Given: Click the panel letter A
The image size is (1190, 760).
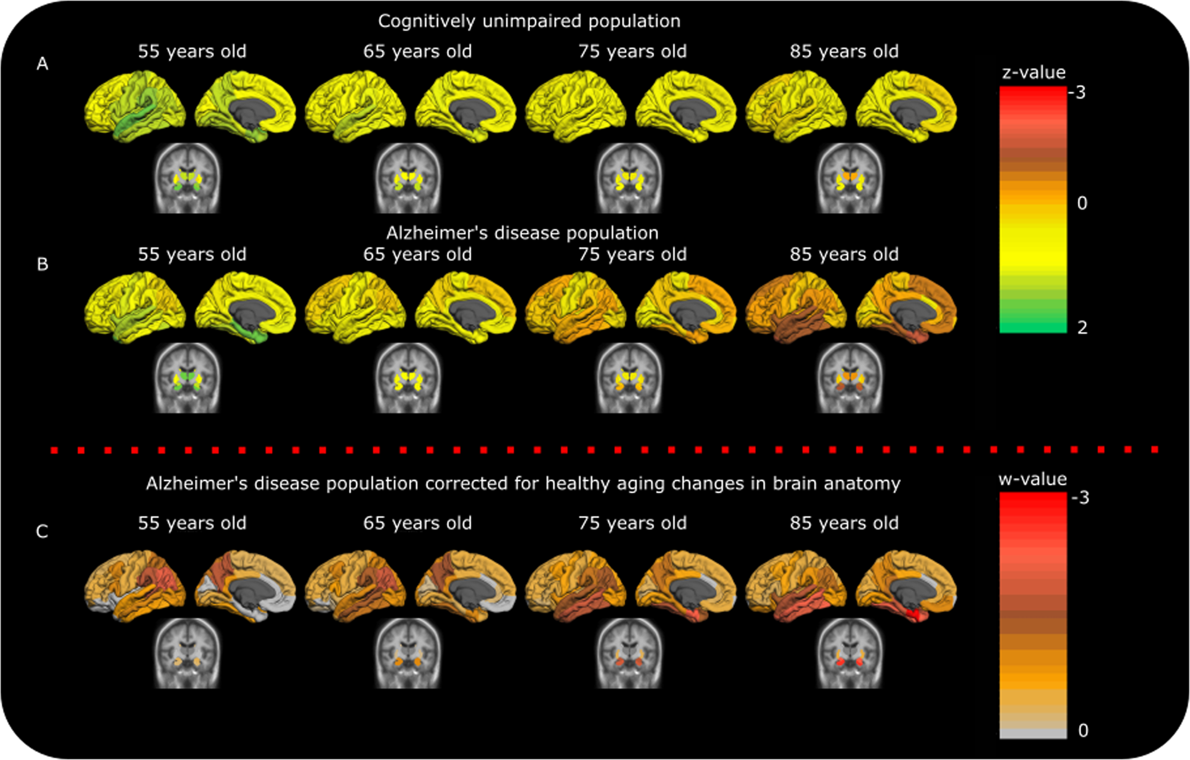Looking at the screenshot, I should pos(42,64).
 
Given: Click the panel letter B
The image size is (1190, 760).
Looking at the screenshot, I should pos(42,264).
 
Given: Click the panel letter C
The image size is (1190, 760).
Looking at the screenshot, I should pos(42,531).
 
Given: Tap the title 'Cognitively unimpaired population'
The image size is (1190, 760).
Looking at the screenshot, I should pos(529,21).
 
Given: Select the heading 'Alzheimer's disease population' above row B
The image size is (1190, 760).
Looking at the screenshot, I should pos(522,233).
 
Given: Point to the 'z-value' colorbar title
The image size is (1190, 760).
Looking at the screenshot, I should pos(1033,73).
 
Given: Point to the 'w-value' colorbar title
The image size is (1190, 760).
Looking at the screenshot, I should pos(1033,479).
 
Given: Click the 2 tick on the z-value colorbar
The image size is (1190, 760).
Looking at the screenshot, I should pos(1082,327).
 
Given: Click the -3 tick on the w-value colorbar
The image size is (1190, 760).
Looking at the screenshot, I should pos(1080,497).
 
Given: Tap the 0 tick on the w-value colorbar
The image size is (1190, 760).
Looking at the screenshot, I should pos(1083,730).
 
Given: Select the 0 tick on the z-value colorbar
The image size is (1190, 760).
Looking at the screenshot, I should pos(1082,203).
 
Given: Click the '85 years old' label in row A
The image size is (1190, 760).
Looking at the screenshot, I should pos(844,52).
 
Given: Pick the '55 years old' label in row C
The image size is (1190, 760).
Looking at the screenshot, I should pos(192,523).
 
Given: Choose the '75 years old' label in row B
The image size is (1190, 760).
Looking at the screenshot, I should pos(633,255).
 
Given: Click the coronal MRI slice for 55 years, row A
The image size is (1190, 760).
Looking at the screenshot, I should pos(187,178).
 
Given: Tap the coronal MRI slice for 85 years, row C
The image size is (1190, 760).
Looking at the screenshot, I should pos(850,653).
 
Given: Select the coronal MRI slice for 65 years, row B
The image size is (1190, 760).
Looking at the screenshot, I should pos(408,378).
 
